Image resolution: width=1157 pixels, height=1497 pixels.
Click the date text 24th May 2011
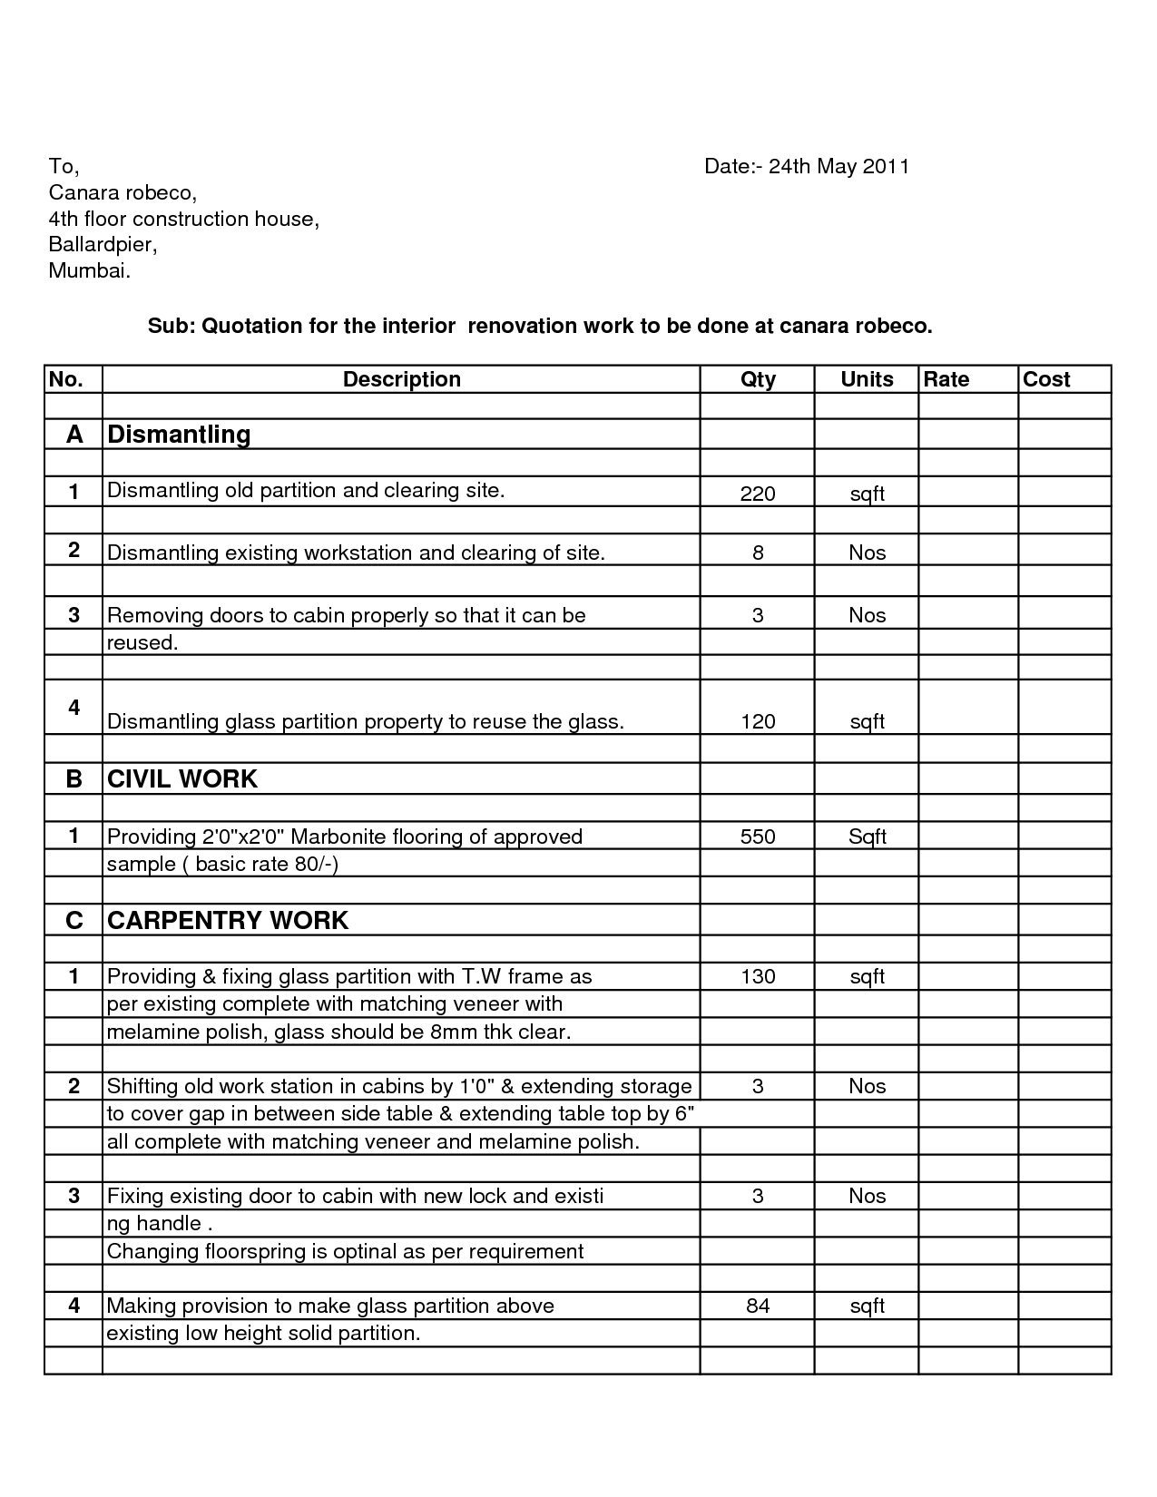838,166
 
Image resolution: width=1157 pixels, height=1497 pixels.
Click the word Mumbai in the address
88,270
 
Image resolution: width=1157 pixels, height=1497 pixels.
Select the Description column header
401,379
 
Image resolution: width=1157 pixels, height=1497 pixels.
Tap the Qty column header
758,379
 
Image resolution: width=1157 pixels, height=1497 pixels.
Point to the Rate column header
946,379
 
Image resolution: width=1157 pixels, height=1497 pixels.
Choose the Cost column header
1046,379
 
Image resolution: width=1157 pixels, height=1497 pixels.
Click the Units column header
867,379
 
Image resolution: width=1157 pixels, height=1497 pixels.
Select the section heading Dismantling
179,434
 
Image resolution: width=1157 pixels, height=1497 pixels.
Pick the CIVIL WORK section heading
182,778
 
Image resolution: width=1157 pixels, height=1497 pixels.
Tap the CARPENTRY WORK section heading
228,920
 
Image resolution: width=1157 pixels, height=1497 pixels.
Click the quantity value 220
758,494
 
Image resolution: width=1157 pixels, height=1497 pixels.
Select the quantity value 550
758,837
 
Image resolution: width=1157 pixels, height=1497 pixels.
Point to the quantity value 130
758,976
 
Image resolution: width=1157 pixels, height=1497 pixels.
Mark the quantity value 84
758,1306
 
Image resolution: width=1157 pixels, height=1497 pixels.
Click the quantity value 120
758,721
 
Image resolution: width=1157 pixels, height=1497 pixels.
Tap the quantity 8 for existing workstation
758,553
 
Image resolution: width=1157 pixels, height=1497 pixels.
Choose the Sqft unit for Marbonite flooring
867,837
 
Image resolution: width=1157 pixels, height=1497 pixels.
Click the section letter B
74,778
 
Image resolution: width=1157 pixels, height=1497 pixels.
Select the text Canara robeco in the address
122,192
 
